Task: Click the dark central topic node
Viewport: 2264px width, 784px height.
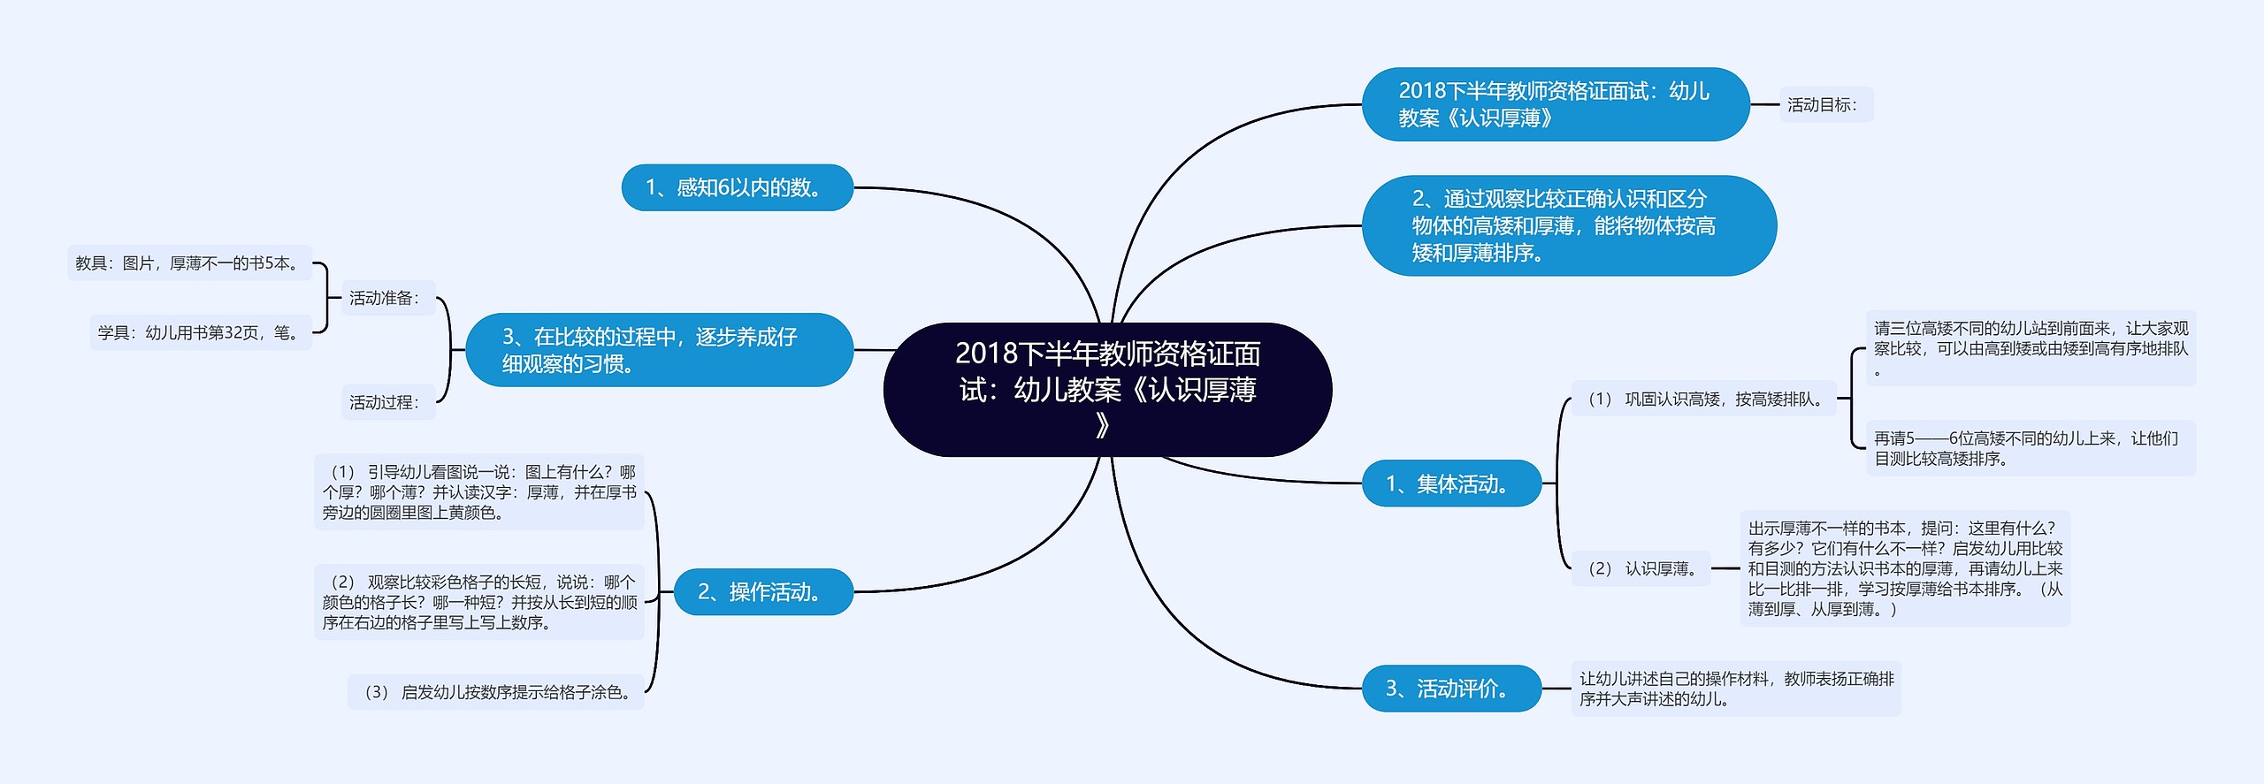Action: click(x=1107, y=389)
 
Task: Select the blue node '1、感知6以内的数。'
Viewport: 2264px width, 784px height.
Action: click(x=737, y=187)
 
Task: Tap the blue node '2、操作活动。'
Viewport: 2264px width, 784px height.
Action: click(x=762, y=591)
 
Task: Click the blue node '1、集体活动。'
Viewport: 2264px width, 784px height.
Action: click(x=1450, y=483)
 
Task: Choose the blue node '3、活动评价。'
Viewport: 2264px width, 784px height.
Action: click(x=1450, y=688)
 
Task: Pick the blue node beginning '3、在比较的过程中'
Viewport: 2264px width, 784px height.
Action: click(x=659, y=350)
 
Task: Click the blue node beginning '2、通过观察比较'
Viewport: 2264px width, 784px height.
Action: click(x=1568, y=225)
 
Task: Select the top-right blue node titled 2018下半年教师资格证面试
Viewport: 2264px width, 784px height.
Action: click(x=1555, y=104)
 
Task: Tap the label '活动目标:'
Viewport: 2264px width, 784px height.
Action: click(x=1824, y=105)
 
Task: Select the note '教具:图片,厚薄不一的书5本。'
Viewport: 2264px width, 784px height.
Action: click(x=189, y=263)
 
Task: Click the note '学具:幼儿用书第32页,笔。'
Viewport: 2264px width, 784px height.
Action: click(x=201, y=332)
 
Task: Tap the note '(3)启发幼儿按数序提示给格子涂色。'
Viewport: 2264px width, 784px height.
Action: click(x=496, y=692)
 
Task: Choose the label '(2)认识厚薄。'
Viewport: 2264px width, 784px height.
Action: click(x=1641, y=568)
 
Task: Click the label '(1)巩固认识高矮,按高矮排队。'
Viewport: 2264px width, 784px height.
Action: click(x=1703, y=400)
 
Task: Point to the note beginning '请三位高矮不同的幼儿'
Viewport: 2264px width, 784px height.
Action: click(x=2031, y=348)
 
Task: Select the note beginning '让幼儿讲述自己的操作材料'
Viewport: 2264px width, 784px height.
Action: click(x=1735, y=689)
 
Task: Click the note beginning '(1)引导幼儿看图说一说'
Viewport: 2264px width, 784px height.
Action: click(x=479, y=492)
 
